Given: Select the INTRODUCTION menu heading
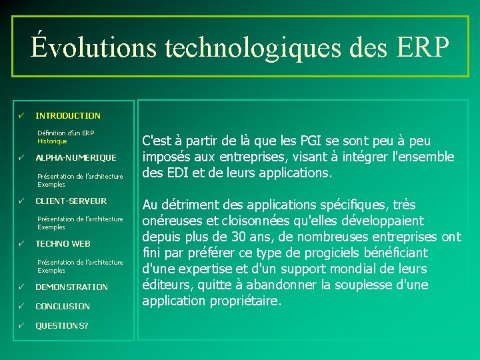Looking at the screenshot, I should click(x=68, y=115).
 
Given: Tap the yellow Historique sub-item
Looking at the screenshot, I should click(x=52, y=141).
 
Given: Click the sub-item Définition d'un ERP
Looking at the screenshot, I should click(x=66, y=133).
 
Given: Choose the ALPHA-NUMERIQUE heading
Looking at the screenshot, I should click(x=75, y=158).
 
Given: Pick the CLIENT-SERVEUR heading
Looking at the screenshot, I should click(x=71, y=201).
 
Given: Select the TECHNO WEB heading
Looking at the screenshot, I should click(x=63, y=244).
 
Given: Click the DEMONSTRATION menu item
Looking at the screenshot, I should click(x=71, y=287).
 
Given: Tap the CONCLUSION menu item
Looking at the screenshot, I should click(x=63, y=306).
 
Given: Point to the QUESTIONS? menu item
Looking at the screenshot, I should click(x=61, y=325).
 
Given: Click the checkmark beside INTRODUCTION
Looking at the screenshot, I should click(x=21, y=115).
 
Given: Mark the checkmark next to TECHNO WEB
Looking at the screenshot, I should click(x=21, y=244).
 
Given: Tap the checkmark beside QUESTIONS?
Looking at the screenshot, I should click(x=21, y=325).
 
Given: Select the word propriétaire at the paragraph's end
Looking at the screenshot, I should click(x=246, y=301).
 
